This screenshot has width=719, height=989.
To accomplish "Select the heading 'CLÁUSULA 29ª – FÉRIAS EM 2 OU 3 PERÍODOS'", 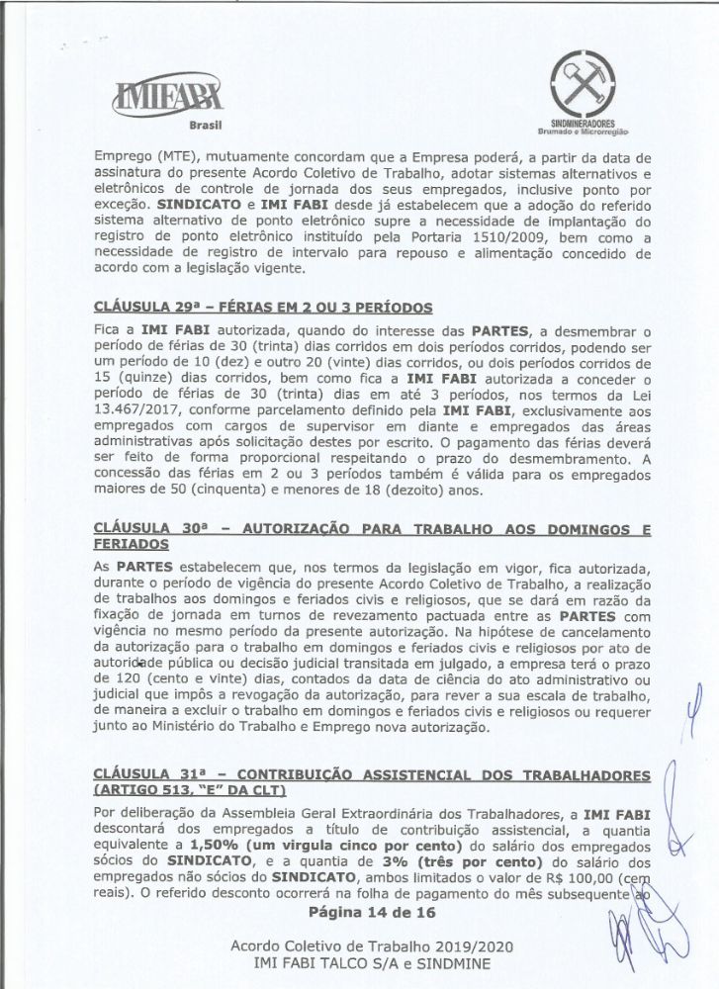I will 266,306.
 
